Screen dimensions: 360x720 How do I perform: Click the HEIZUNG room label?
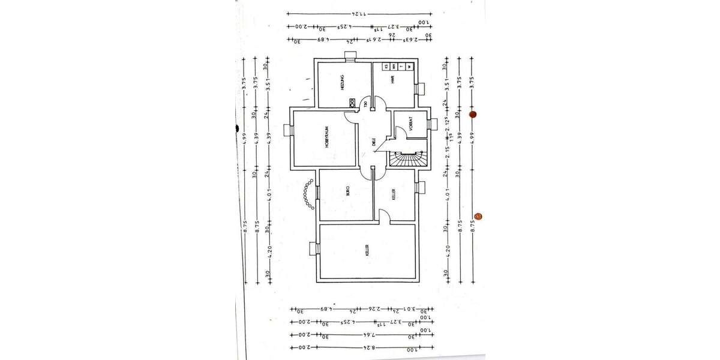click(341, 82)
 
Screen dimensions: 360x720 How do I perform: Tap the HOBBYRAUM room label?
click(328, 137)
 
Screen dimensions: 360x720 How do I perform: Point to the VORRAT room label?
click(412, 123)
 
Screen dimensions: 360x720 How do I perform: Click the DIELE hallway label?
click(373, 142)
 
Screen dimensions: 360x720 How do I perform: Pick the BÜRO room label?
click(347, 191)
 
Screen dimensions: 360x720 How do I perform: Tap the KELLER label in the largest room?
click(367, 251)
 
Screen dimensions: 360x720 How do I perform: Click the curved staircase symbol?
click(409, 158)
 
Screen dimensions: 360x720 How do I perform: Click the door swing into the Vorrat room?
click(399, 132)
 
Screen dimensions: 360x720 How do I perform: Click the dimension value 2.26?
click(373, 310)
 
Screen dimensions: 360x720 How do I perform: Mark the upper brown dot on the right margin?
click(472, 114)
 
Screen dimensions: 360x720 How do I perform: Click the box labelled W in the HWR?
click(409, 67)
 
